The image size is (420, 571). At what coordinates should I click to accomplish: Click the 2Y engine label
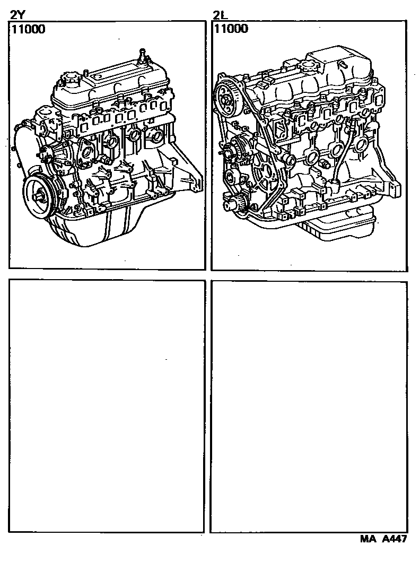17,15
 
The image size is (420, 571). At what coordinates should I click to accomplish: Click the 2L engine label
221,15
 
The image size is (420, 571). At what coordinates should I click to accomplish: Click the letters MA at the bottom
367,539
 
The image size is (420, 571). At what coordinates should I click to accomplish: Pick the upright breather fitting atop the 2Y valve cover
142,54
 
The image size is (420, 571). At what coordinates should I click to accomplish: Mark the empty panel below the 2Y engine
107,406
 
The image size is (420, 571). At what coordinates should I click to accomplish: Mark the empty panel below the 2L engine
309,406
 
